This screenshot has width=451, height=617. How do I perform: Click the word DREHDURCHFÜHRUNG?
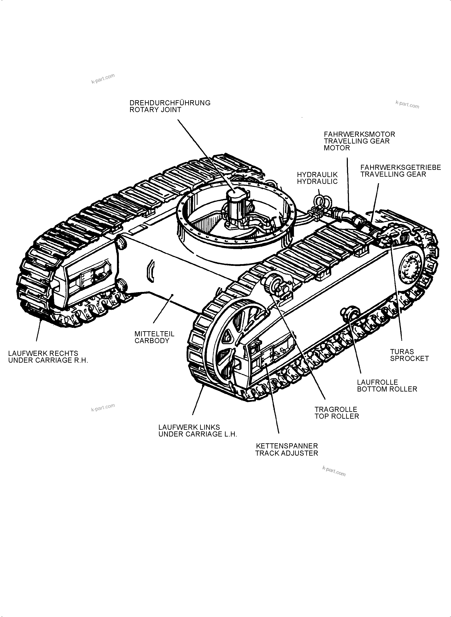pos(170,103)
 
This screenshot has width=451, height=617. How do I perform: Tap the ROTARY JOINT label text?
pos(155,110)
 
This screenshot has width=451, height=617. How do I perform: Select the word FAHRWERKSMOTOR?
pos(359,134)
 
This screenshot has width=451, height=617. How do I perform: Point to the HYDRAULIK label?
pos(317,175)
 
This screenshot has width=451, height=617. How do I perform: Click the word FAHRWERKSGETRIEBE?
pos(400,168)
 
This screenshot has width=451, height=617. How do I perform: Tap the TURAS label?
pos(402,352)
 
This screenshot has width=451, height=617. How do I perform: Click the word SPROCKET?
pos(409,359)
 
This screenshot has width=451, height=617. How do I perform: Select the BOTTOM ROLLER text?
pos(387,389)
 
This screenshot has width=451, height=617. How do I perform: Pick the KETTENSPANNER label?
pos(287,446)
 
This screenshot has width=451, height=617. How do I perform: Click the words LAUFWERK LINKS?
pos(189,427)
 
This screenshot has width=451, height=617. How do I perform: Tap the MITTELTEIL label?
pos(154,334)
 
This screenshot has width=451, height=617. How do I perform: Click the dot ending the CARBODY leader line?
pos(172,295)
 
